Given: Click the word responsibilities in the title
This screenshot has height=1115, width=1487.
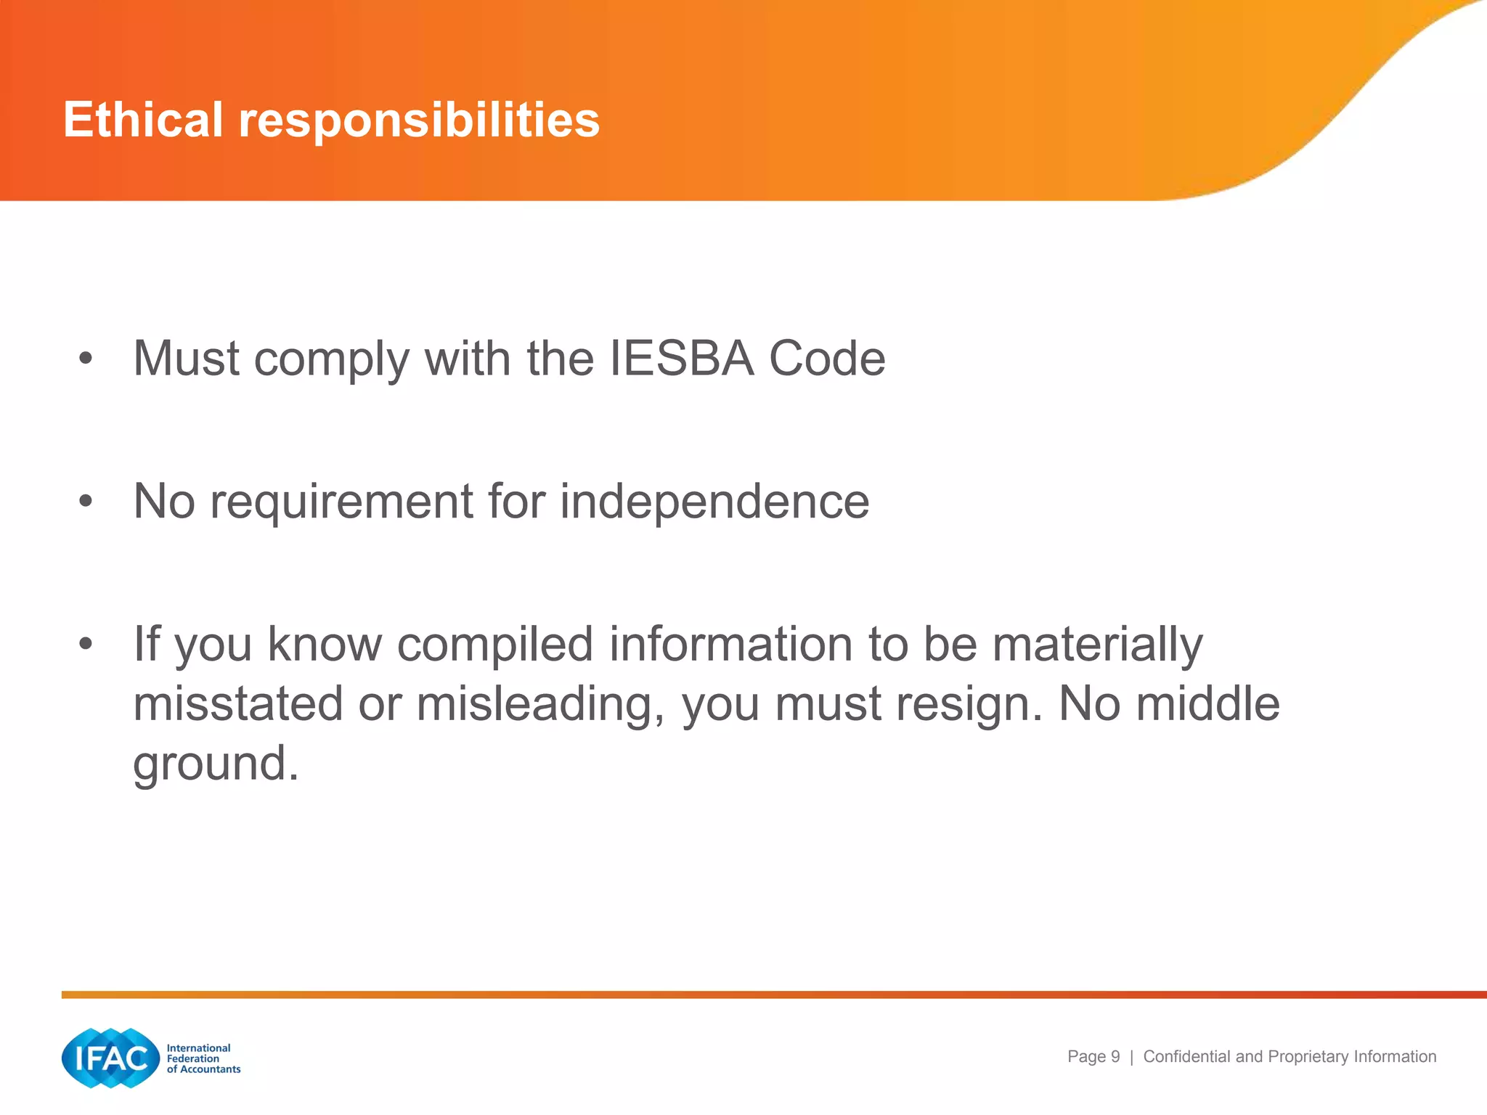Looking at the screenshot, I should (x=419, y=121).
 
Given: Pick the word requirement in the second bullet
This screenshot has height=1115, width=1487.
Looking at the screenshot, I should (x=341, y=503).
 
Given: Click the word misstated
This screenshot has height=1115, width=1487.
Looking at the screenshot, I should (x=238, y=704).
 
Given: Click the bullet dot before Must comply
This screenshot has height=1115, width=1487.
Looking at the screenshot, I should (x=86, y=358).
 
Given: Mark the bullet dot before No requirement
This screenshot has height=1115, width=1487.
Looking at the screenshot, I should (x=86, y=501).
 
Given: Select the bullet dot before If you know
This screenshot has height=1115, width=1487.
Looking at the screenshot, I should (x=86, y=644).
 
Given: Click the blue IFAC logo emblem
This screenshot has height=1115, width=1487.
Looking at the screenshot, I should (x=111, y=1058).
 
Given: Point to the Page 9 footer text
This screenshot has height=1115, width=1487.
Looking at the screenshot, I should (x=1093, y=1057).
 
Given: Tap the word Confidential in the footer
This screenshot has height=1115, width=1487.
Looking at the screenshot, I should (x=1187, y=1057).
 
